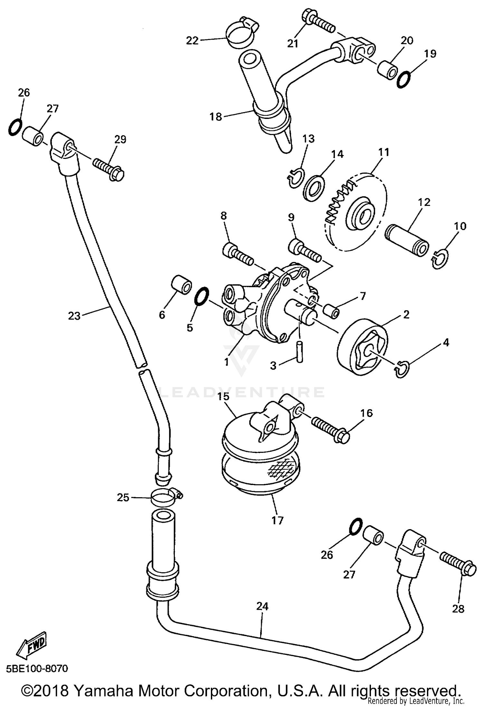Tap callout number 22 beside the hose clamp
[x=192, y=41]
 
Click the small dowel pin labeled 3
[x=299, y=353]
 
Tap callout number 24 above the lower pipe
[x=262, y=606]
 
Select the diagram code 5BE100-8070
[x=37, y=669]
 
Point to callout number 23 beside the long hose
[x=74, y=316]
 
